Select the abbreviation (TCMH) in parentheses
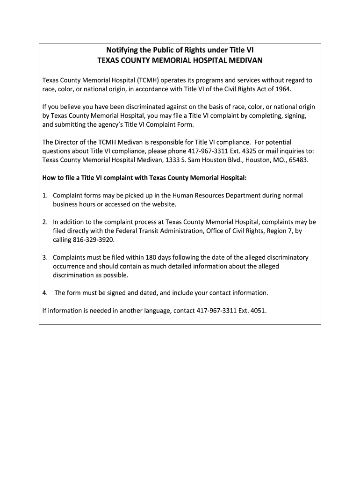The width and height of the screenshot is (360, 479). coord(145,80)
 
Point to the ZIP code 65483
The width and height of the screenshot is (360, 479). coord(298,160)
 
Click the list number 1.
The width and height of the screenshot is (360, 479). coord(44,196)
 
